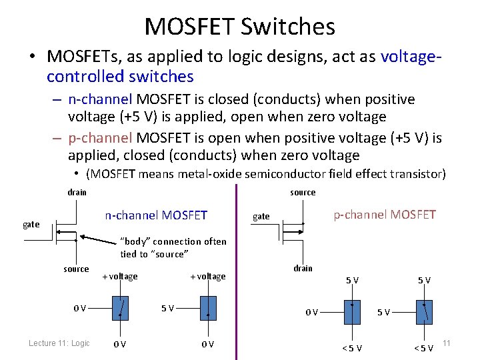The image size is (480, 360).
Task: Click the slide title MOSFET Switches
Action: coord(239,27)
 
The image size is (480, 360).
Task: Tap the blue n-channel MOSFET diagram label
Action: coord(156,215)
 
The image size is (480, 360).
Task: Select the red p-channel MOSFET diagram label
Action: coord(385,214)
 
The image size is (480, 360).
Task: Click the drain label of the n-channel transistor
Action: coord(77,193)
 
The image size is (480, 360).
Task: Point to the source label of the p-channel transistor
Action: coord(303,193)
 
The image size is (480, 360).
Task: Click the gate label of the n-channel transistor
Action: coord(31,225)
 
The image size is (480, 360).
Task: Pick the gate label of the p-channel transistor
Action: coord(261,216)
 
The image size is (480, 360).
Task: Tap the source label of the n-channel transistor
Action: coord(76,269)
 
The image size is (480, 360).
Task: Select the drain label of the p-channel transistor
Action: coord(303,268)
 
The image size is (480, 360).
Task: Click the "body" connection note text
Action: coord(173,247)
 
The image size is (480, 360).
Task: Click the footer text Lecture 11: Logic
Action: coord(59,343)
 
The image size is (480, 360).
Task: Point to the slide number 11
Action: coord(447,343)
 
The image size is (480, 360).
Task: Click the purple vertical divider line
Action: coord(237,267)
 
